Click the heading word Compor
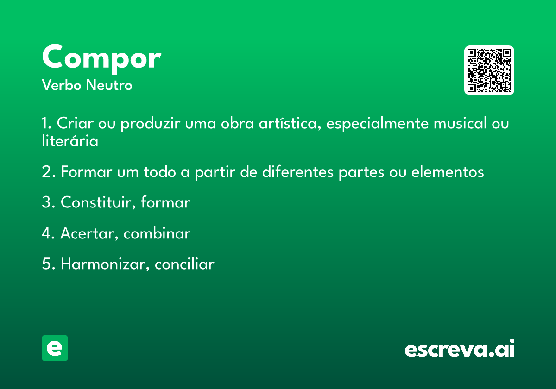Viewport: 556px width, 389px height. point(102,59)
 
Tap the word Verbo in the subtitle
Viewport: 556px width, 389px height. point(62,85)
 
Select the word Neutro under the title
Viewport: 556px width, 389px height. point(109,85)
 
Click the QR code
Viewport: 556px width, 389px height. point(489,70)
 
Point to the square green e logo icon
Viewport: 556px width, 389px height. point(55,348)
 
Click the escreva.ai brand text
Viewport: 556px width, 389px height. point(460,348)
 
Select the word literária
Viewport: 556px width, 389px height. point(70,141)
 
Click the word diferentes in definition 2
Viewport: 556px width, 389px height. point(298,172)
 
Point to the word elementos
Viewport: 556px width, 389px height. point(448,172)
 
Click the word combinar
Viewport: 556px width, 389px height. point(157,233)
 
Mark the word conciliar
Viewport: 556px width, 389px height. point(184,264)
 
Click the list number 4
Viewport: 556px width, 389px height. point(47,233)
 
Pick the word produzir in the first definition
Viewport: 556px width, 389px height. point(151,124)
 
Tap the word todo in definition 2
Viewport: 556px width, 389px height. point(160,172)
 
